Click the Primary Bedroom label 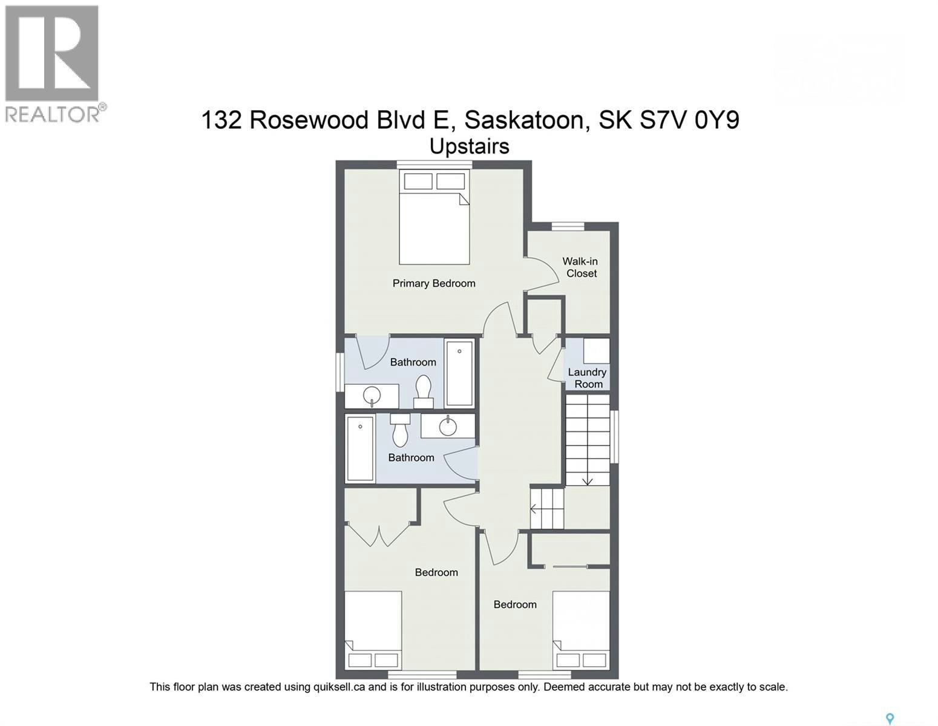tap(434, 283)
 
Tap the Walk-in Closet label tap(581, 267)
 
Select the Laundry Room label tap(587, 378)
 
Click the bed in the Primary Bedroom tap(435, 217)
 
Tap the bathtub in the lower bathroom tap(360, 449)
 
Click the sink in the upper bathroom tap(372, 396)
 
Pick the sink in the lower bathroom tap(448, 426)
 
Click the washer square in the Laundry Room tap(597, 351)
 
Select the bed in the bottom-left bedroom tap(373, 630)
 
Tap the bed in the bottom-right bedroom tap(581, 630)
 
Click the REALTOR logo tap(53, 64)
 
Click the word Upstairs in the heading tap(469, 146)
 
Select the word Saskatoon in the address tap(524, 120)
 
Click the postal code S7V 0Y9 tap(689, 120)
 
